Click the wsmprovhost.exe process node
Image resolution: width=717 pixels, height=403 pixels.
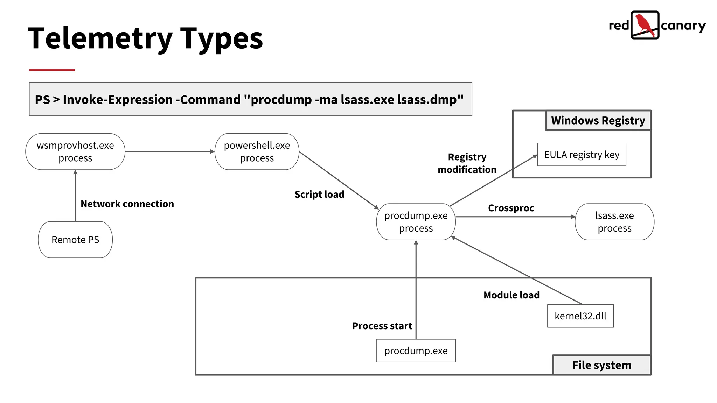click(x=75, y=151)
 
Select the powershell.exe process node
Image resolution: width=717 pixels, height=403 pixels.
click(x=257, y=151)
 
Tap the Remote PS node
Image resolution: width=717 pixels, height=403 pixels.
click(x=75, y=240)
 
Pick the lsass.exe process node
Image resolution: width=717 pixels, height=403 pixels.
click(x=614, y=222)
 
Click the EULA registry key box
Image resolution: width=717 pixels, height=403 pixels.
click(x=582, y=154)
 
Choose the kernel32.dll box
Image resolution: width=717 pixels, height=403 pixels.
click(x=580, y=316)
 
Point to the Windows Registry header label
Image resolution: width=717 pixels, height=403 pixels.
click(x=598, y=120)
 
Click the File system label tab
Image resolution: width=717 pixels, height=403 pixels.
click(x=601, y=365)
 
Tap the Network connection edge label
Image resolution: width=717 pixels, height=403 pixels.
click(x=127, y=204)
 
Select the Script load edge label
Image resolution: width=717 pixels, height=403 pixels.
click(x=319, y=194)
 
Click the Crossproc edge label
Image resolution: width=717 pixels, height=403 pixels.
click(x=511, y=208)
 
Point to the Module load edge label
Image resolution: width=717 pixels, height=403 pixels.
click(x=511, y=295)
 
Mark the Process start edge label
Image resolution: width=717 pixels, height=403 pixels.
click(x=382, y=326)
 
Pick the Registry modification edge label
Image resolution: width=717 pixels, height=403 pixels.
click(x=467, y=163)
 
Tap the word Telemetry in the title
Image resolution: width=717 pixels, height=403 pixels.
click(x=100, y=38)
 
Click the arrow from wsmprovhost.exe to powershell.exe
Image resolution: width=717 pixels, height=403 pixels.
click(x=169, y=151)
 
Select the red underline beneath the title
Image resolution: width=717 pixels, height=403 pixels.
click(x=52, y=70)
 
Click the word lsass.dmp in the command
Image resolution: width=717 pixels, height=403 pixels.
click(x=430, y=100)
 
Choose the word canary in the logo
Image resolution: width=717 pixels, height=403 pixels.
click(x=683, y=26)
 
